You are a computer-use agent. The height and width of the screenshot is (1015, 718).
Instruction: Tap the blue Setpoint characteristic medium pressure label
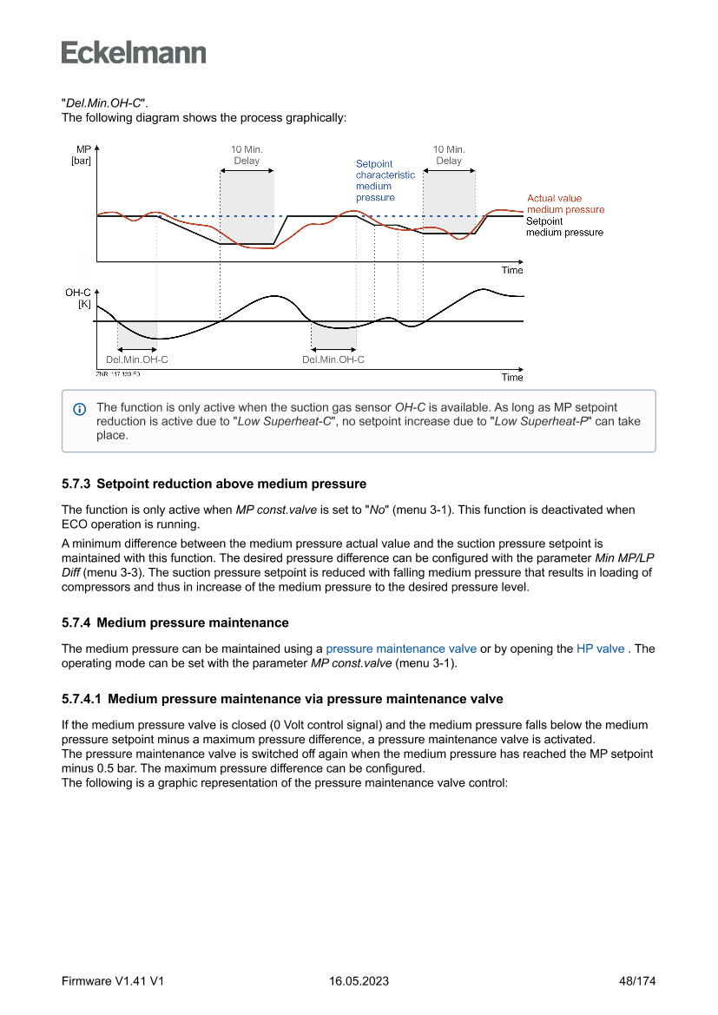point(385,181)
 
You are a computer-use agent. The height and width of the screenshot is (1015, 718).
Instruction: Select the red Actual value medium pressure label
point(565,204)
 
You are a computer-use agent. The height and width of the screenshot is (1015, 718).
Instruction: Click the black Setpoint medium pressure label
point(564,227)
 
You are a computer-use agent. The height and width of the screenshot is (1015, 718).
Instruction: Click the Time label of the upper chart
point(512,270)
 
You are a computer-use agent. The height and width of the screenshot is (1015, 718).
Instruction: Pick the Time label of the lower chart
point(512,378)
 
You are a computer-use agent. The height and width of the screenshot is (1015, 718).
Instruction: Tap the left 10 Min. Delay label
point(247,155)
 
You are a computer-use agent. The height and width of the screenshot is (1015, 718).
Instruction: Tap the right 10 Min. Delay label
point(449,155)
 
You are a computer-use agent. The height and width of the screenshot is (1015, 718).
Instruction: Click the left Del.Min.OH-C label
point(136,359)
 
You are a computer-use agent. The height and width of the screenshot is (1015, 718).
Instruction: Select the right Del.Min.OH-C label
point(333,359)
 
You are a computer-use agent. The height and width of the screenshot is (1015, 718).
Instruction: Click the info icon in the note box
point(80,408)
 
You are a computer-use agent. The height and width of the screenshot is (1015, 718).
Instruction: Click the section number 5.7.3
point(76,484)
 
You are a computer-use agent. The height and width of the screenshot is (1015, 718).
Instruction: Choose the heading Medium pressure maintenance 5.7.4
point(193,623)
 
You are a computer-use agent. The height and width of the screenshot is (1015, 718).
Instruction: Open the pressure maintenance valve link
point(401,649)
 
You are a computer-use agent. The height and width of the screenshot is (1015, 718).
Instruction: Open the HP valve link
point(600,649)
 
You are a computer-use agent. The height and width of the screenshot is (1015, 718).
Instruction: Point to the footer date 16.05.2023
point(359,981)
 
